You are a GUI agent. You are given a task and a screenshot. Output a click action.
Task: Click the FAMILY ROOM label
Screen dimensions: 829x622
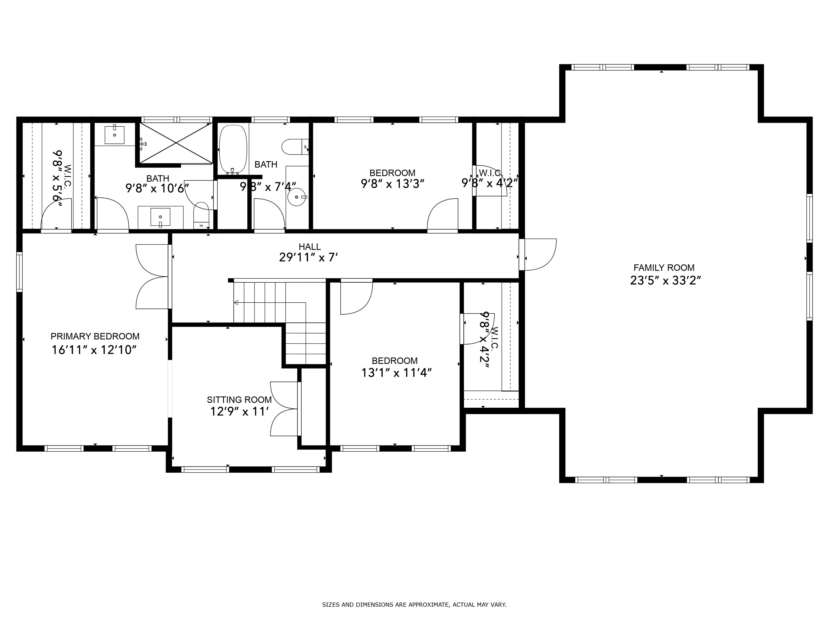(x=664, y=268)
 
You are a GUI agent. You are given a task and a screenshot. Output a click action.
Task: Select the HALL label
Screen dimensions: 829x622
(x=310, y=247)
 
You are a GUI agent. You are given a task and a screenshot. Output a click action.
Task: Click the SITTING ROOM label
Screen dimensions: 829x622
(x=239, y=400)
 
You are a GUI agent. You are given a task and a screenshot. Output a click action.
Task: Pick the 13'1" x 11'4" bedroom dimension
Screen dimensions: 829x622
(x=396, y=373)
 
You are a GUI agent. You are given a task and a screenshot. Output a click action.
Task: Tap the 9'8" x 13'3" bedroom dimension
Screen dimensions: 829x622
(x=392, y=184)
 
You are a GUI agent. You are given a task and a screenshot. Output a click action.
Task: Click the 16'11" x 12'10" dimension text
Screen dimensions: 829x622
(x=93, y=350)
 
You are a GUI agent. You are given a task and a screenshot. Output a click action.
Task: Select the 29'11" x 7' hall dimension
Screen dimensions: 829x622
(x=308, y=257)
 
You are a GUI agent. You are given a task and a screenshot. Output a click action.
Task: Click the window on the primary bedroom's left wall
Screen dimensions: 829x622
(x=19, y=272)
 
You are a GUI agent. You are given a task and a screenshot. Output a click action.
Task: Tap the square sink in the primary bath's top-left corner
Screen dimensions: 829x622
(x=114, y=135)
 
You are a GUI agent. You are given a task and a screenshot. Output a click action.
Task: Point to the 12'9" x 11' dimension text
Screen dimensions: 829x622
(x=239, y=412)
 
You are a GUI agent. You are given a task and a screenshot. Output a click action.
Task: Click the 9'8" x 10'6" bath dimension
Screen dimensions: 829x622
(x=157, y=188)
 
